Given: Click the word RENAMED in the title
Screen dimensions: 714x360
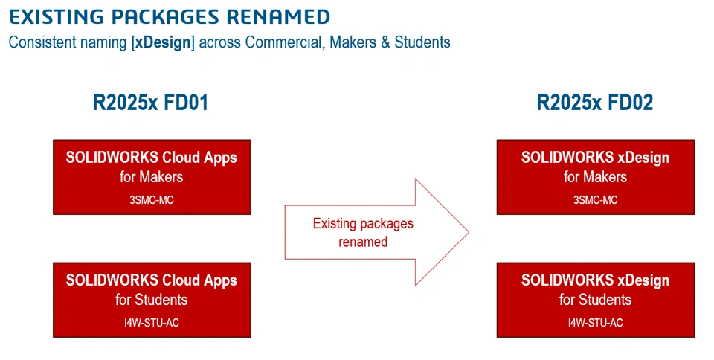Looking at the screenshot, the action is (x=278, y=17).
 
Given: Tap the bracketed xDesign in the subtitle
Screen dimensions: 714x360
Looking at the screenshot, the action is (x=163, y=42).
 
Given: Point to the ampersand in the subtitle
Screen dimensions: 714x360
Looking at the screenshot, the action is (x=385, y=42).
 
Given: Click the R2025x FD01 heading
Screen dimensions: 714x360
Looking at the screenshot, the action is (x=151, y=103).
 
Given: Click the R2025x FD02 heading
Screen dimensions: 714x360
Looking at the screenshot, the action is (x=595, y=103).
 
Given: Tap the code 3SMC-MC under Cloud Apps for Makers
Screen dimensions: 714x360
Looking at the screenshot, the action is (x=152, y=200).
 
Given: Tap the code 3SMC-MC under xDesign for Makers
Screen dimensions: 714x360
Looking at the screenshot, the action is (x=595, y=200).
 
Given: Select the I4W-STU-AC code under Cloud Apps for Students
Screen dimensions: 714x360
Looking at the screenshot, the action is (x=152, y=323).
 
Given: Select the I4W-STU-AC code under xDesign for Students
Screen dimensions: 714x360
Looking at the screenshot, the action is (x=595, y=323).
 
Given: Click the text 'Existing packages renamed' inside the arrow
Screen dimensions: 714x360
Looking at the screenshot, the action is (x=363, y=233).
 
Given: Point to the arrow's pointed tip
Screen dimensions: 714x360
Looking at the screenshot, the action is (x=469, y=232).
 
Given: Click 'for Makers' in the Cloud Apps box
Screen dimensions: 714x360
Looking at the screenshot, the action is (x=152, y=176).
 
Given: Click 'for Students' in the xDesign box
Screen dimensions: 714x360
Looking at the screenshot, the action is (x=595, y=300).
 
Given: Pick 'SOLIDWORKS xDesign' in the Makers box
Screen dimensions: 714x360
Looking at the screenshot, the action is (x=595, y=158).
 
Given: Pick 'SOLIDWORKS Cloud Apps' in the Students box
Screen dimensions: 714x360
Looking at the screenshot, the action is (x=152, y=280).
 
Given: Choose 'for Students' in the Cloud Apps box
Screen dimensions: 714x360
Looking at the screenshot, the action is (x=152, y=300).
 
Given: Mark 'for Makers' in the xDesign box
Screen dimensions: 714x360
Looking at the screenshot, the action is (x=595, y=176).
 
